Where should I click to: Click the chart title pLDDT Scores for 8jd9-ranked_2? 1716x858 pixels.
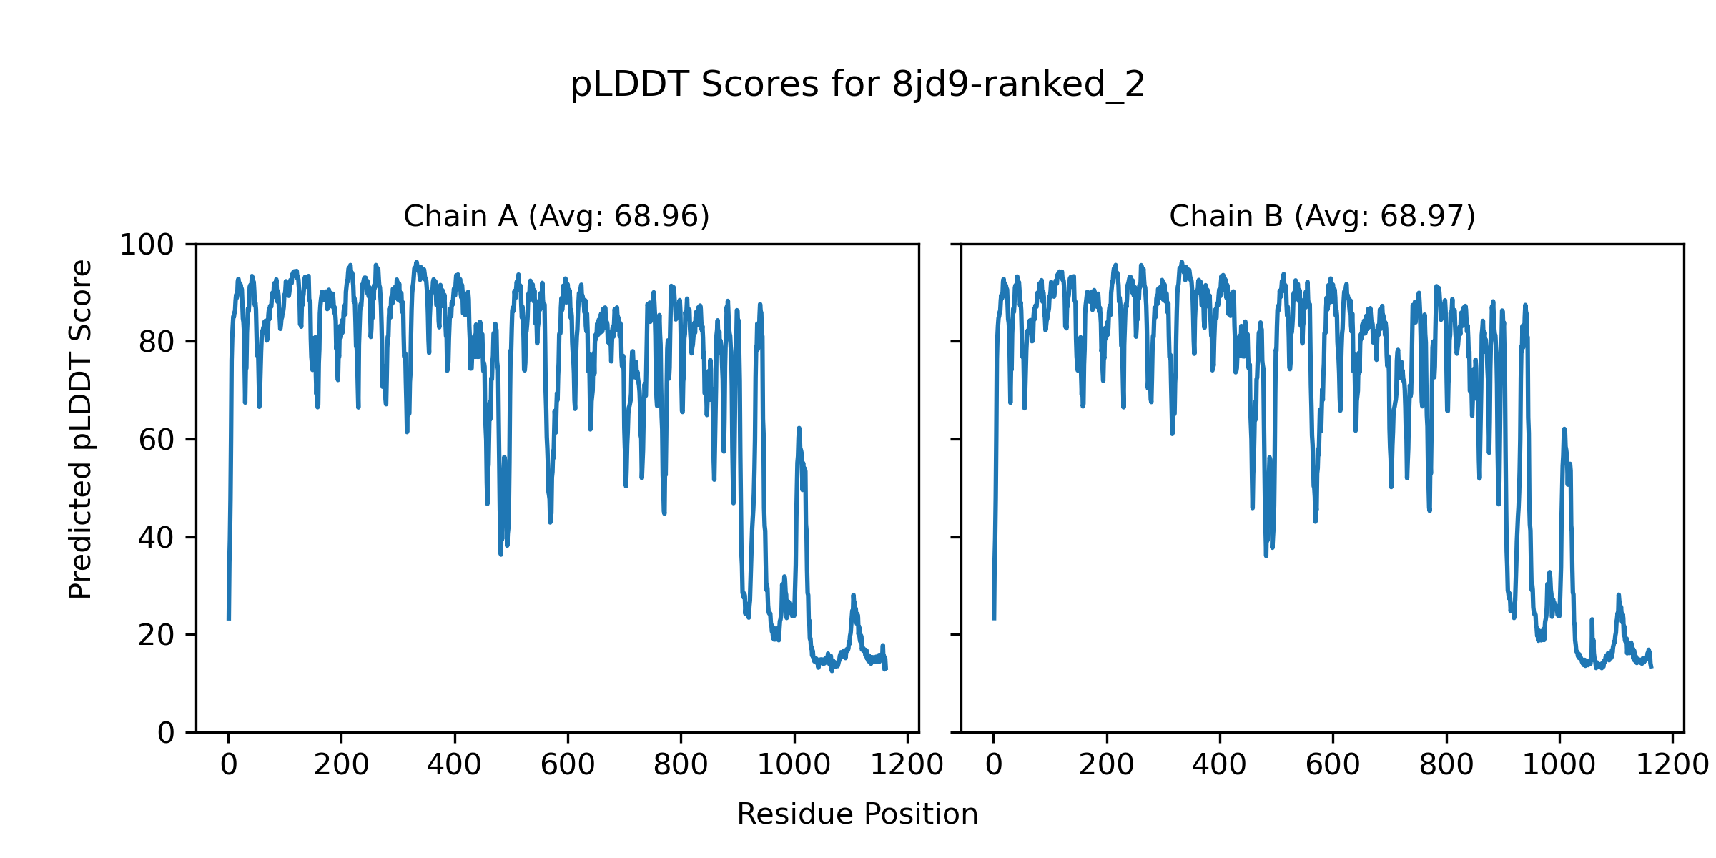point(857,84)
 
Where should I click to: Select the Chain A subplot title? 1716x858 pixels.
point(556,216)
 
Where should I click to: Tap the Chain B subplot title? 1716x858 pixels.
point(1322,216)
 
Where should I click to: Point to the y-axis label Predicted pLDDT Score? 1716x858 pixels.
point(80,429)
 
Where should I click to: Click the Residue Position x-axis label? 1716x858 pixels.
point(857,814)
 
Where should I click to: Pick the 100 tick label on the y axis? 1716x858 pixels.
point(147,245)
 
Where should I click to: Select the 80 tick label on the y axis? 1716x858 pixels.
point(157,342)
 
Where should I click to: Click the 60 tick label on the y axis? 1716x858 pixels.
point(157,440)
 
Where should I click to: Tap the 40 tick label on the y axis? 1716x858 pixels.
point(157,538)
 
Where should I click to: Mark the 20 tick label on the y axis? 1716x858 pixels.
point(157,636)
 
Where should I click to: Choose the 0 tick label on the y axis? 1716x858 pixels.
point(166,733)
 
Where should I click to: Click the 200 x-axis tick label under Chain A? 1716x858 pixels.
point(341,765)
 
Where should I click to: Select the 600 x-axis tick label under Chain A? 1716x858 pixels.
point(568,765)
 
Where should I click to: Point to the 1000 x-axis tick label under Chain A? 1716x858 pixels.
point(794,765)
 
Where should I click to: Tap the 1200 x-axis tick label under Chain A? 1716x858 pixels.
point(907,765)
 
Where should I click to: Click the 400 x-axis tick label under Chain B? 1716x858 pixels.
point(1220,765)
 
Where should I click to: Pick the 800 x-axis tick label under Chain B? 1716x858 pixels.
point(1446,765)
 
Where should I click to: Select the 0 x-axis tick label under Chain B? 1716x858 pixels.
point(994,765)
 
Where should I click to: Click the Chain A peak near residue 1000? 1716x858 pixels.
point(799,429)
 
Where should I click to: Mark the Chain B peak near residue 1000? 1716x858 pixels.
point(1564,430)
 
